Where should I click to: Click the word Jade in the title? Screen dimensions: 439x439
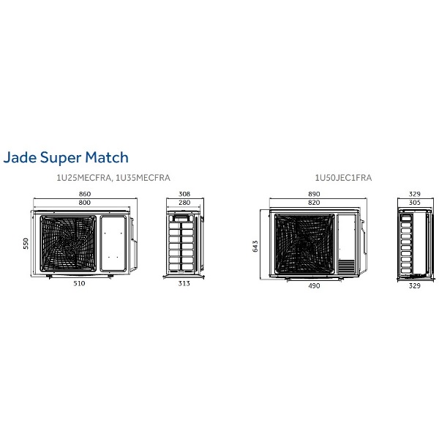click(x=20, y=157)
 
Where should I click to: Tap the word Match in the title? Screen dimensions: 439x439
click(x=107, y=157)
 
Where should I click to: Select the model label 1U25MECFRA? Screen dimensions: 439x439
click(x=83, y=178)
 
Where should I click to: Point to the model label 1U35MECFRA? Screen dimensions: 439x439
click(x=143, y=178)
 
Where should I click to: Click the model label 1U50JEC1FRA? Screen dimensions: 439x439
click(x=343, y=178)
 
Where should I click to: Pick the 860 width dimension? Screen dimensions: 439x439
click(x=85, y=194)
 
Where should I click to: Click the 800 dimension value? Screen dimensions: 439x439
click(x=85, y=203)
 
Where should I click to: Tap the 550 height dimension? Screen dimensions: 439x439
click(x=26, y=244)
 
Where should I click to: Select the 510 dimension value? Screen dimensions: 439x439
click(x=79, y=283)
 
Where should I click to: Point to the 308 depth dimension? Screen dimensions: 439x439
click(x=184, y=194)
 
